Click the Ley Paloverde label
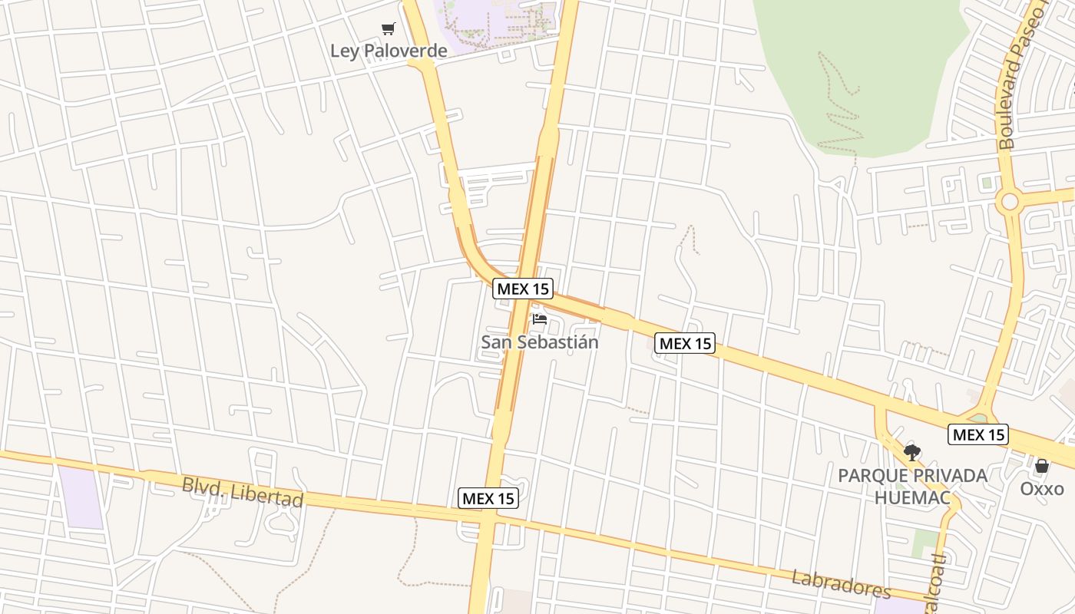click(x=389, y=51)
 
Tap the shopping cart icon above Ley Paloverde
click(x=389, y=29)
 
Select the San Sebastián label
click(x=539, y=342)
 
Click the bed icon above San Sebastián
click(x=539, y=319)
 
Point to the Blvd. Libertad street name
click(x=243, y=493)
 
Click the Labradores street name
click(x=841, y=584)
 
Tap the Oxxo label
click(x=1042, y=489)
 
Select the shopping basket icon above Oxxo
click(x=1042, y=466)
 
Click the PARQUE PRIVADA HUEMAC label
click(x=912, y=487)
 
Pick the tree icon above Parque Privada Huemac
click(x=911, y=453)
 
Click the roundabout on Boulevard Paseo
click(x=1010, y=202)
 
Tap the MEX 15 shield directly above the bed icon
click(x=523, y=289)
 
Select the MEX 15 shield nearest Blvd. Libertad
click(x=488, y=498)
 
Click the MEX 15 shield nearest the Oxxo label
click(x=977, y=435)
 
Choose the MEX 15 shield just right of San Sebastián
click(x=685, y=343)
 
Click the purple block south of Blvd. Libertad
click(x=81, y=497)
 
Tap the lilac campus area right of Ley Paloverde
click(x=499, y=23)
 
